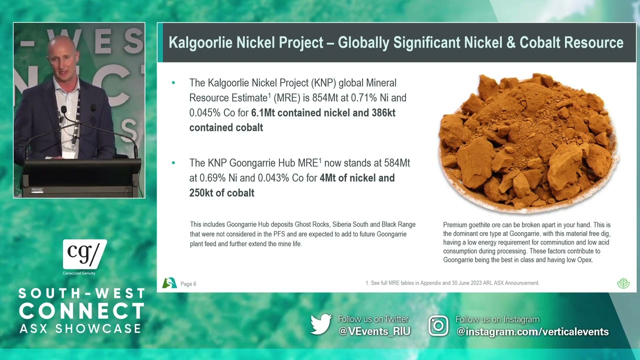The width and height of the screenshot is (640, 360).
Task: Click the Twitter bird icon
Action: [321, 324]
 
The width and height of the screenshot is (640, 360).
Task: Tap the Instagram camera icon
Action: [438, 325]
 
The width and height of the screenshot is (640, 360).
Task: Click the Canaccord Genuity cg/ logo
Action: [85, 254]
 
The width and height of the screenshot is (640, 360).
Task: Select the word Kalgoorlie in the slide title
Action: [200, 42]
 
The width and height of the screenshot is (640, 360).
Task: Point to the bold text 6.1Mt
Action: [263, 113]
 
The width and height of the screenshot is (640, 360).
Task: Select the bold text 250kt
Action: [201, 193]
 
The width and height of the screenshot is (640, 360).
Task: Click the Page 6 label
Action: [188, 284]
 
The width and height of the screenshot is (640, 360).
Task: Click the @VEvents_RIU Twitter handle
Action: [374, 331]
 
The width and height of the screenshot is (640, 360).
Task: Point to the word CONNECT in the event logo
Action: [81, 311]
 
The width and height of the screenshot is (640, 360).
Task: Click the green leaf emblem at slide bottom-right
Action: [623, 283]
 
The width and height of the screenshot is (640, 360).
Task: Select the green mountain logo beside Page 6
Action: [169, 283]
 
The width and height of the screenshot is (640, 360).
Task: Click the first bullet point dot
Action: [173, 83]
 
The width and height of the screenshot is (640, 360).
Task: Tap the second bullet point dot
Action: [173, 163]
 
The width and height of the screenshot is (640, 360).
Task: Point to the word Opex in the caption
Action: [585, 260]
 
